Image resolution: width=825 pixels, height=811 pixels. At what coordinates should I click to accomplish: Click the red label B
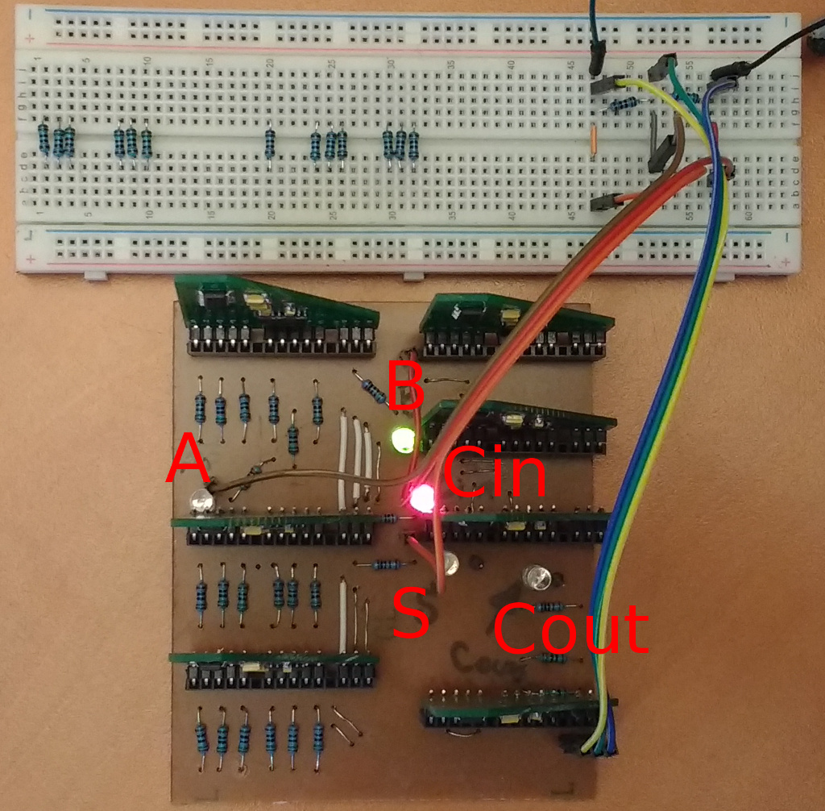click(x=406, y=385)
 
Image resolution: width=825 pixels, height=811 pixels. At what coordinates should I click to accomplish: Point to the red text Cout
click(x=570, y=629)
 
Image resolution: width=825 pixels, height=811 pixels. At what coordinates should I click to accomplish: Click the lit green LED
click(x=402, y=440)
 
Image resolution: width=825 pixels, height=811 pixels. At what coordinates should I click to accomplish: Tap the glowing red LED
click(x=421, y=499)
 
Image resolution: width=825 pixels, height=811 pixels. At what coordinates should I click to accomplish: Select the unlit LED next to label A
click(x=200, y=503)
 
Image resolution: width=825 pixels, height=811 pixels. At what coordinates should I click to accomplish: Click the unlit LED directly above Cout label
click(x=537, y=576)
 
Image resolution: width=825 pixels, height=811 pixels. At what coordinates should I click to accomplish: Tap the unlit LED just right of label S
click(x=451, y=563)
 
